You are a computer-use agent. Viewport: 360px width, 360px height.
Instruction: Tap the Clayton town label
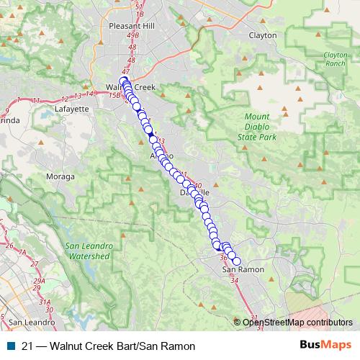click(x=262, y=35)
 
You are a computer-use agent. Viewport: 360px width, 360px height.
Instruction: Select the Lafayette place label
click(x=71, y=109)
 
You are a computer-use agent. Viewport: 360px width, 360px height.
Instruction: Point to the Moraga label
click(x=60, y=176)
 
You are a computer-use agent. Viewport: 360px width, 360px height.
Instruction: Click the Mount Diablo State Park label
click(x=256, y=126)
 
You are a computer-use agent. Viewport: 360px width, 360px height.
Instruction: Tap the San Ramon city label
click(x=243, y=269)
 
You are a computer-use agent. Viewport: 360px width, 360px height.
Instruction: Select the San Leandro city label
click(x=29, y=321)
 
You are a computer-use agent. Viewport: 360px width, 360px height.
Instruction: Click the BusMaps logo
click(x=321, y=346)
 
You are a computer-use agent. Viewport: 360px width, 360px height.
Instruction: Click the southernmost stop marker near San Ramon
click(x=236, y=261)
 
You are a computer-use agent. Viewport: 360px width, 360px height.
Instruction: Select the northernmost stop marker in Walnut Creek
click(x=123, y=81)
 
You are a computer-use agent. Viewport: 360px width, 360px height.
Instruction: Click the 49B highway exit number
click(x=132, y=37)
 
